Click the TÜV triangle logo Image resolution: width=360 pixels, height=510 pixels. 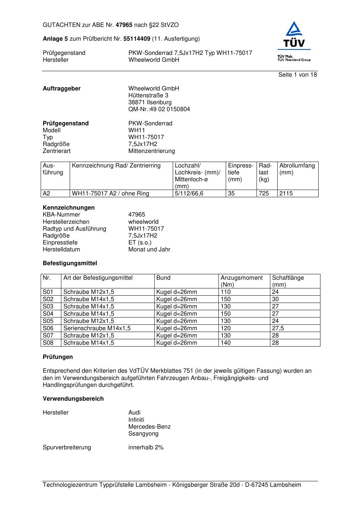click(x=294, y=36)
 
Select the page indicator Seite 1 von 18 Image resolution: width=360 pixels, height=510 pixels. click(x=297, y=75)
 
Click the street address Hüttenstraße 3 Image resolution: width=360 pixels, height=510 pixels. click(x=148, y=96)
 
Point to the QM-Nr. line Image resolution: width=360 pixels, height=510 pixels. click(x=159, y=109)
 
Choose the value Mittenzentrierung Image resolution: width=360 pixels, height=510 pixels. click(x=151, y=151)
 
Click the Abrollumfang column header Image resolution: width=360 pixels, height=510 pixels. click(x=297, y=166)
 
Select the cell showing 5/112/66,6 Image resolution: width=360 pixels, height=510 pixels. click(x=189, y=194)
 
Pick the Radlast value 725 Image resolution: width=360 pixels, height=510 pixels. click(x=264, y=194)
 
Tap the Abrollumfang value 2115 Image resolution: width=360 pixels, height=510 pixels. click(x=286, y=194)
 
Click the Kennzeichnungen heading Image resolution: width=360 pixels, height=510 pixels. click(x=69, y=208)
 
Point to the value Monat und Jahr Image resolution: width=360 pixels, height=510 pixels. click(x=149, y=250)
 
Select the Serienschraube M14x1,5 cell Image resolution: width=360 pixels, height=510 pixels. click(x=97, y=328)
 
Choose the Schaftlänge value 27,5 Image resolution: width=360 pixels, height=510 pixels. click(x=278, y=328)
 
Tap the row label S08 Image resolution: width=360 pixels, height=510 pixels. click(x=48, y=343)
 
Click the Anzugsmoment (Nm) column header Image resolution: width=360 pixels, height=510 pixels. click(x=241, y=281)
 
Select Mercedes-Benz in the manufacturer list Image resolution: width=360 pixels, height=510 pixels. click(x=149, y=427)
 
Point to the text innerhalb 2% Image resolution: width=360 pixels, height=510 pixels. click(x=146, y=448)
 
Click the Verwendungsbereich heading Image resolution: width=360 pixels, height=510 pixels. click(x=73, y=399)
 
